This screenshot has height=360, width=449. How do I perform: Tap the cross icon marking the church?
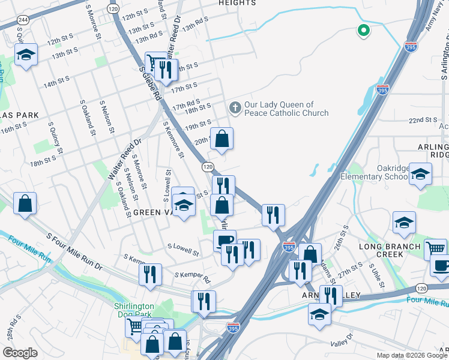[235, 109]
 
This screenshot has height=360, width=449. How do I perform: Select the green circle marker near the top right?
[363, 29]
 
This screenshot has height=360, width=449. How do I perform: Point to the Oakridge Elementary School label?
[375, 172]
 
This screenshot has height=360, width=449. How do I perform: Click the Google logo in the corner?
[20, 353]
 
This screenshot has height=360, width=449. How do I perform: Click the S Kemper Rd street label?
[192, 278]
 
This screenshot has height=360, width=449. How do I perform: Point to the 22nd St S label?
[423, 120]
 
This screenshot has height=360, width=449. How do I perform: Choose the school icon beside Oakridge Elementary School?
[421, 175]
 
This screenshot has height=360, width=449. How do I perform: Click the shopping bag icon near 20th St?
[221, 139]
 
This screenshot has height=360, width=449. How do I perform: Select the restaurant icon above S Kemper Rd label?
[150, 274]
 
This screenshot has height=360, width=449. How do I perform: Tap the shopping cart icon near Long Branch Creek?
[435, 248]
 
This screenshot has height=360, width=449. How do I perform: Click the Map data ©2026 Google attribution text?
[411, 355]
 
